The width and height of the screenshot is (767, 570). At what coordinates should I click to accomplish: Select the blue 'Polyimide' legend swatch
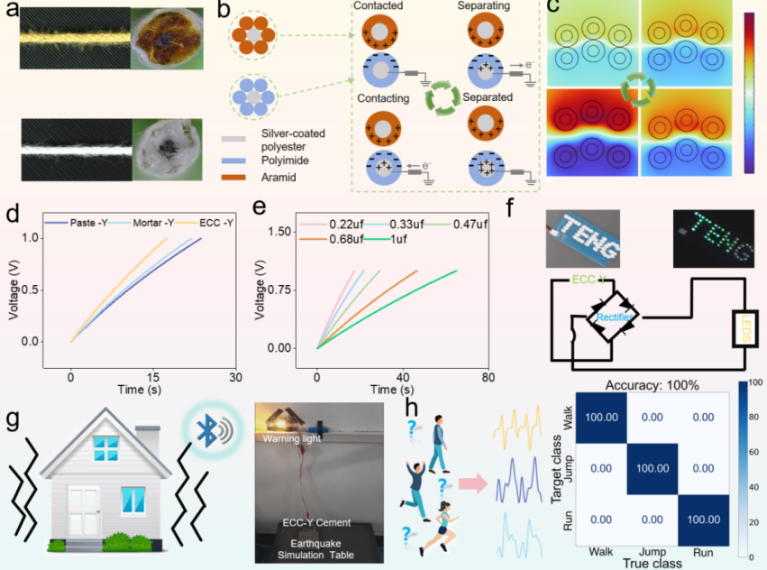pos(235,160)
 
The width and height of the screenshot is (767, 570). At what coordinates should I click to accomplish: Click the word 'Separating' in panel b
pos(483,6)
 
